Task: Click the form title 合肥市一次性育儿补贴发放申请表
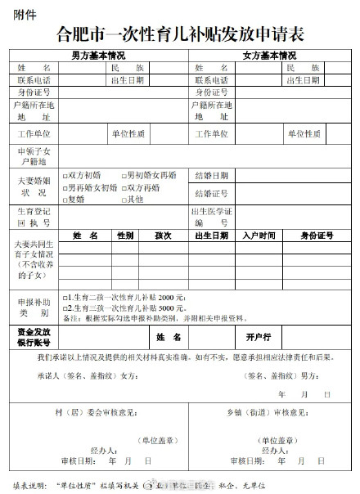180,34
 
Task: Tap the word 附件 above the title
19,11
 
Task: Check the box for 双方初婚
66,175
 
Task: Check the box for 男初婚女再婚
124,175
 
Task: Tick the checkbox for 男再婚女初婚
66,187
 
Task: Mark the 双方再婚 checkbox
124,187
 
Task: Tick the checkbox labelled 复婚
66,199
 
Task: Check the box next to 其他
124,199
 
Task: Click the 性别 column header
125,236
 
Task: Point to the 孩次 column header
162,236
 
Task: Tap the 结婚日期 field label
211,175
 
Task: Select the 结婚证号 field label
211,193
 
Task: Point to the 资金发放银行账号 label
34,337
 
